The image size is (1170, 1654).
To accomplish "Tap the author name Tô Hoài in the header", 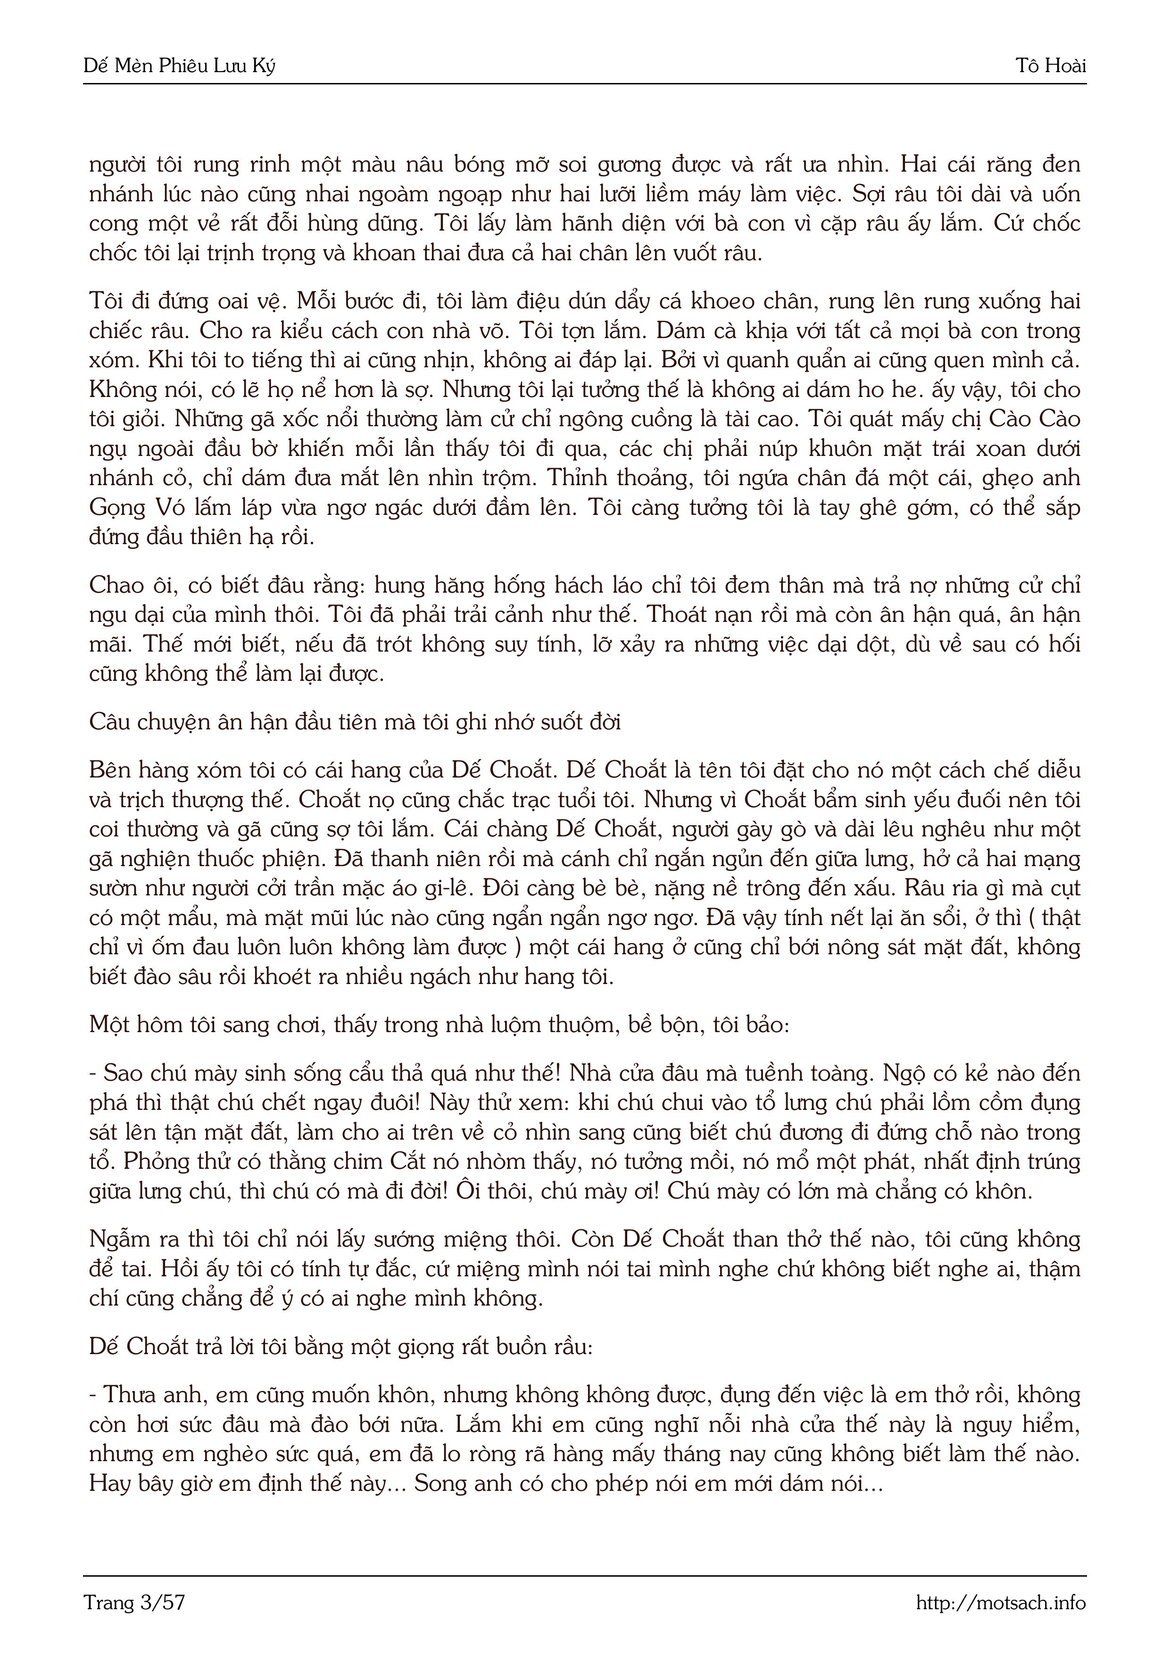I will click(x=1050, y=66).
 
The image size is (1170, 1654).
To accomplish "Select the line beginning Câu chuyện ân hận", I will click(x=355, y=722).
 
